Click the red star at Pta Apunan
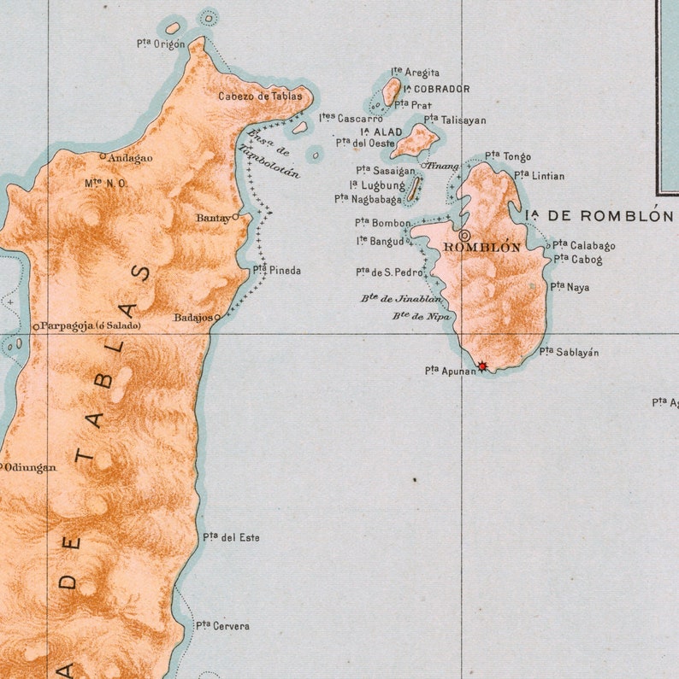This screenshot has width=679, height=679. pyautogui.click(x=482, y=366)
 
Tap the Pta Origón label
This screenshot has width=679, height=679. pyautogui.click(x=160, y=44)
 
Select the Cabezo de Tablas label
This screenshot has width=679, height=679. pyautogui.click(x=260, y=97)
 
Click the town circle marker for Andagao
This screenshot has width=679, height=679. pyautogui.click(x=103, y=156)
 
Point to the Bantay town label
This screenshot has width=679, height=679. pyautogui.click(x=213, y=218)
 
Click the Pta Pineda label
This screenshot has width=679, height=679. pyautogui.click(x=276, y=270)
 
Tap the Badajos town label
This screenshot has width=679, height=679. pyautogui.click(x=193, y=317)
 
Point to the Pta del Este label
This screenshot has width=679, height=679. pyautogui.click(x=231, y=537)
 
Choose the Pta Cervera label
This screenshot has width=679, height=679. pyautogui.click(x=222, y=626)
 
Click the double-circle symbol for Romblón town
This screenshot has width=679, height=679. pyautogui.click(x=464, y=234)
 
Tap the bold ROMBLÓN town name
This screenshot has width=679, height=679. pyautogui.click(x=481, y=248)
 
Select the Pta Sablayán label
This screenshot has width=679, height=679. pyautogui.click(x=569, y=351)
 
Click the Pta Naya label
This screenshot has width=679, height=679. pyautogui.click(x=570, y=287)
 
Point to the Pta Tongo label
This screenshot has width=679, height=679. pyautogui.click(x=508, y=156)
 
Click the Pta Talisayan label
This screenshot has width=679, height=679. pyautogui.click(x=455, y=120)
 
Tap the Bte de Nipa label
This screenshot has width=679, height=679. pyautogui.click(x=422, y=316)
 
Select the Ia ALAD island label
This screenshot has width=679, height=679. pyautogui.click(x=381, y=132)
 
